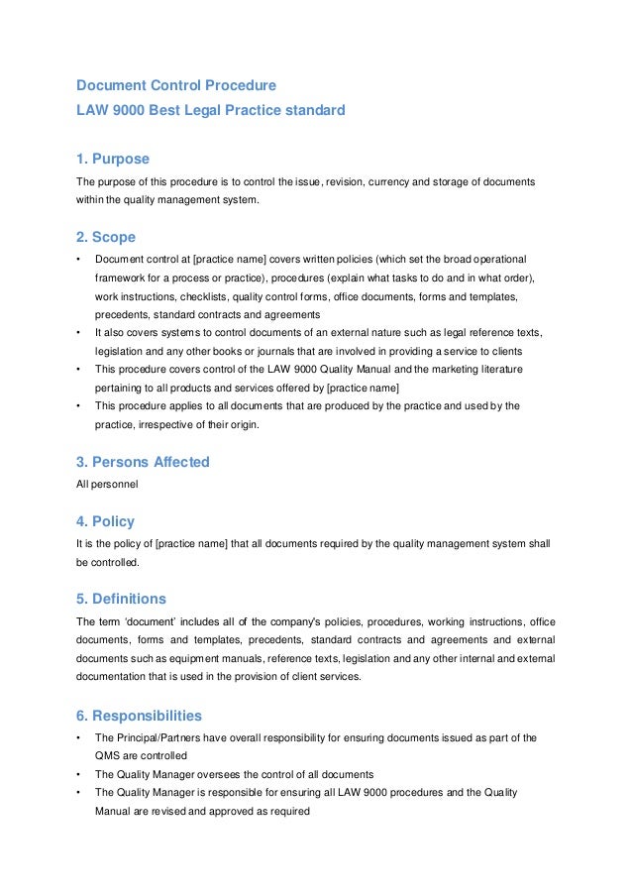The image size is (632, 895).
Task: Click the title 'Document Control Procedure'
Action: (x=176, y=85)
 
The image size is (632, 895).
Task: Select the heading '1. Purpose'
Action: (x=113, y=160)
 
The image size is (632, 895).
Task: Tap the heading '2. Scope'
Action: (x=106, y=238)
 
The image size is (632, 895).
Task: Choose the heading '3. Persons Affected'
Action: (x=143, y=462)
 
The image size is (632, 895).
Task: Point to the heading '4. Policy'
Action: (x=105, y=521)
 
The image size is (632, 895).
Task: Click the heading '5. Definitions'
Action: (x=121, y=600)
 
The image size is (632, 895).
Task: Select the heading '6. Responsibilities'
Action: (x=139, y=716)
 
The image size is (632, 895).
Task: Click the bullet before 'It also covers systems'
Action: (x=78, y=333)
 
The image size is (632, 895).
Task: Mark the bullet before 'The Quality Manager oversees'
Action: (x=78, y=774)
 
